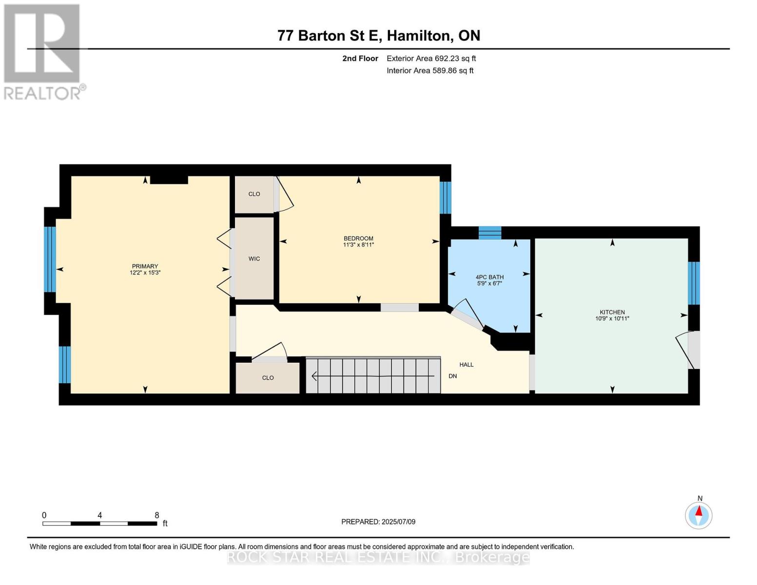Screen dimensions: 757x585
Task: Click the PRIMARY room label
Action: [x=145, y=266]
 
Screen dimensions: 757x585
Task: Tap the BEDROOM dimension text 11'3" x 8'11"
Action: [x=358, y=245]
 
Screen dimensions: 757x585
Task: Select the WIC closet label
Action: [x=254, y=258]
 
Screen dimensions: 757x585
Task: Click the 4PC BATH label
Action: [x=489, y=277]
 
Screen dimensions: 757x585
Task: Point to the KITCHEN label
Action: [x=612, y=312]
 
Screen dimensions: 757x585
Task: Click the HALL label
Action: [x=466, y=365]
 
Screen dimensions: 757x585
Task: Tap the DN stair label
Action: [x=452, y=376]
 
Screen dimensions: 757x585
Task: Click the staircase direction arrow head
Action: [x=314, y=376]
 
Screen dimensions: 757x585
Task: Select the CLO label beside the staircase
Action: [x=268, y=378]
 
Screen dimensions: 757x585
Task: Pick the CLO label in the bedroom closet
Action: [x=254, y=194]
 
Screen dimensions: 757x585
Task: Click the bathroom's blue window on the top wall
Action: [x=489, y=233]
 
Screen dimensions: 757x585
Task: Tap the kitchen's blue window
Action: [x=694, y=283]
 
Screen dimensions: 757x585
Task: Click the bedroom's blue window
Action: [x=445, y=197]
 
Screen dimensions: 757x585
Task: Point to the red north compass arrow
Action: [x=699, y=510]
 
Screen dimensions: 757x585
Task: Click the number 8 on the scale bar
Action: [x=157, y=515]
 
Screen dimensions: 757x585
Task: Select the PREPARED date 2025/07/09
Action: [x=398, y=522]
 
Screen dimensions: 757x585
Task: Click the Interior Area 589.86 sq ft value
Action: [x=453, y=70]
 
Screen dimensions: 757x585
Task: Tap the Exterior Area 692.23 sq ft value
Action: [x=455, y=58]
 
